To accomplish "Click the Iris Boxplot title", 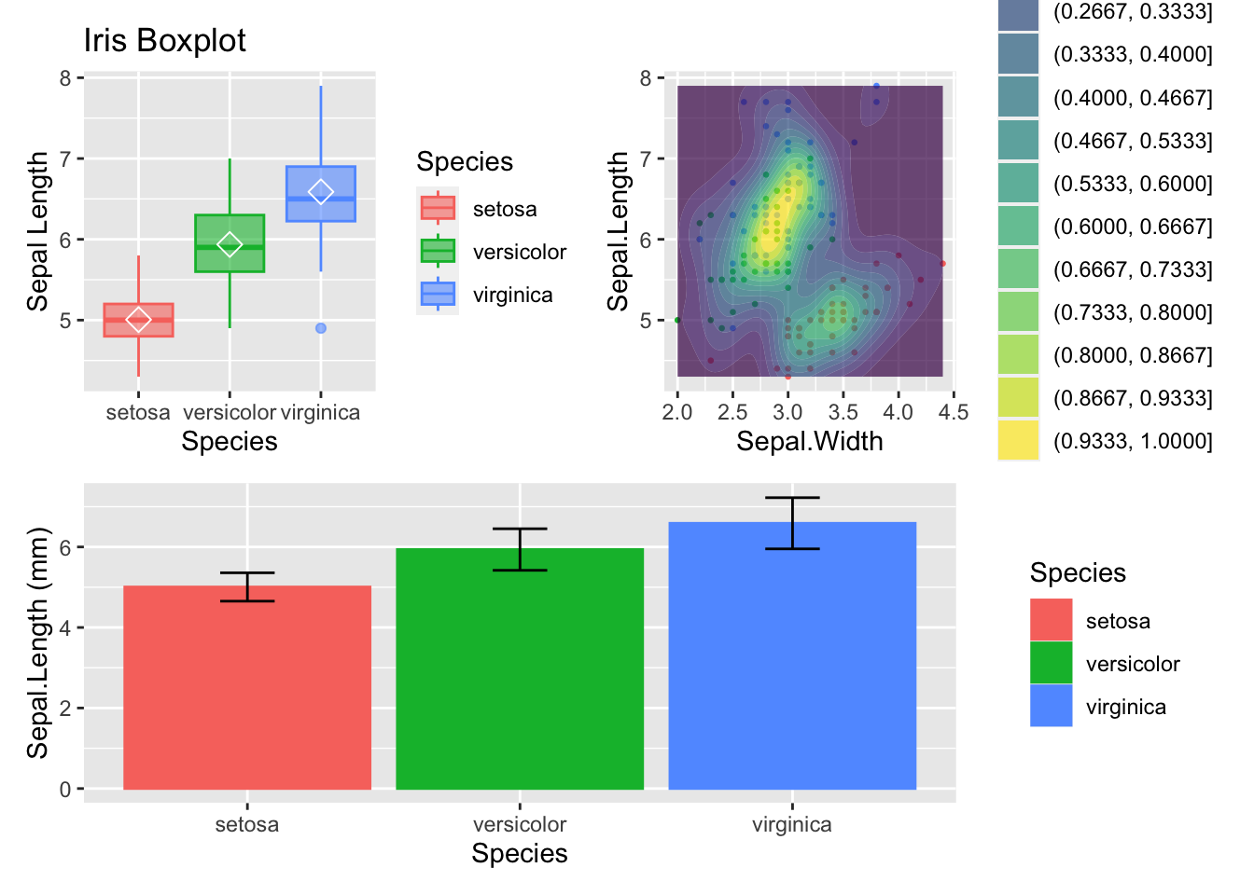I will click(164, 41).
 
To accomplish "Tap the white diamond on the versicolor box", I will click(230, 244).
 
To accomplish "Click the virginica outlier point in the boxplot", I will click(321, 328).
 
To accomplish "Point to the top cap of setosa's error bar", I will click(247, 572).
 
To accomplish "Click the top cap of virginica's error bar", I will click(792, 498).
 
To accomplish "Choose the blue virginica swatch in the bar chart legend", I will click(1051, 706).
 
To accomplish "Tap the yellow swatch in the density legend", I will click(1018, 441).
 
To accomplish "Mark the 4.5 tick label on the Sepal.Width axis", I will click(954, 412).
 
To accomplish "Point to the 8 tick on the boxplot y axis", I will click(65, 78).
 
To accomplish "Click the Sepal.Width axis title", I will click(809, 441).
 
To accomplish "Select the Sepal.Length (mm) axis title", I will click(37, 643).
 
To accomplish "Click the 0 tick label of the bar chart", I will click(65, 790).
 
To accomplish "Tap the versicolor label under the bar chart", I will click(520, 824).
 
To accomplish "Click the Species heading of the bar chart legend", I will click(1078, 572).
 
